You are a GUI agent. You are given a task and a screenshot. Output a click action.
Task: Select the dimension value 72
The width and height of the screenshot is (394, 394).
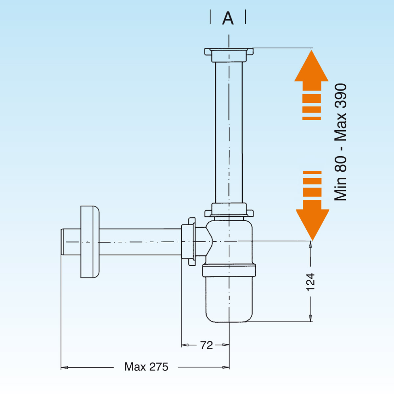207,345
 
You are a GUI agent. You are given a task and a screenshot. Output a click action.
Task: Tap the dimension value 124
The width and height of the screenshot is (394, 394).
310,282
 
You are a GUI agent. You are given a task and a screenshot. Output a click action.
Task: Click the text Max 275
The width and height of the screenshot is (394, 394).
146,367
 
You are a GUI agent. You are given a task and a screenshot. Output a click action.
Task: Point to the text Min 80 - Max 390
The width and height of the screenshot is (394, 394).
340,142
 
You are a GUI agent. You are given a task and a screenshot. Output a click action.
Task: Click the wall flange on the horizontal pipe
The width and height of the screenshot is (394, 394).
90,242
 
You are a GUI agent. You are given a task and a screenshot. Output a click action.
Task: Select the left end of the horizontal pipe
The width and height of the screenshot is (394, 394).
63,242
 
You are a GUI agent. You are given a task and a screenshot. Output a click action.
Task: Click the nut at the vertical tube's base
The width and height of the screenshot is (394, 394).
229,210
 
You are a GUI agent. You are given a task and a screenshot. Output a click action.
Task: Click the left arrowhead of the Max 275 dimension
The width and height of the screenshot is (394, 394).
64,367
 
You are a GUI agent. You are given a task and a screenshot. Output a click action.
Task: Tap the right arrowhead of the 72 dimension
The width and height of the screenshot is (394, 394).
226,345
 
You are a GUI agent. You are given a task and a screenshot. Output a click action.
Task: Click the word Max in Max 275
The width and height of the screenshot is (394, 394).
135,367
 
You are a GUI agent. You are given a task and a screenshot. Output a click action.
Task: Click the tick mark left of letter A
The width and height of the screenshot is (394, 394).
210,17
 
